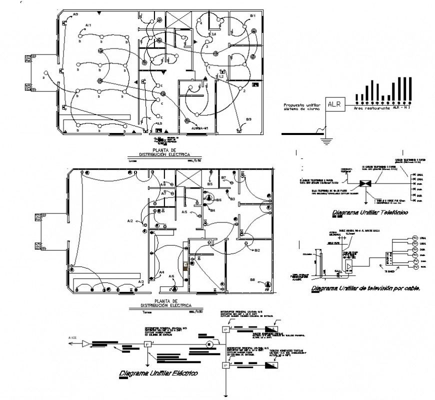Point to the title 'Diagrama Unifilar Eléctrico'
[x=158, y=373]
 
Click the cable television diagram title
[x=365, y=288]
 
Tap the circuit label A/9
[x=75, y=14]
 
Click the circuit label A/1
[x=88, y=24]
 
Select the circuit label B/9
[x=248, y=118]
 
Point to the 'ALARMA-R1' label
[x=199, y=127]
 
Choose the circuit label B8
[x=252, y=279]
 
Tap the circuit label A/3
[x=141, y=282]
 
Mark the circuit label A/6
[x=171, y=276]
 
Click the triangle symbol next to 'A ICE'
[x=86, y=343]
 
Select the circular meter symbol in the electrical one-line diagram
[x=210, y=344]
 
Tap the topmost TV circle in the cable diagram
[x=414, y=238]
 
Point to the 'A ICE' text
[x=72, y=338]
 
